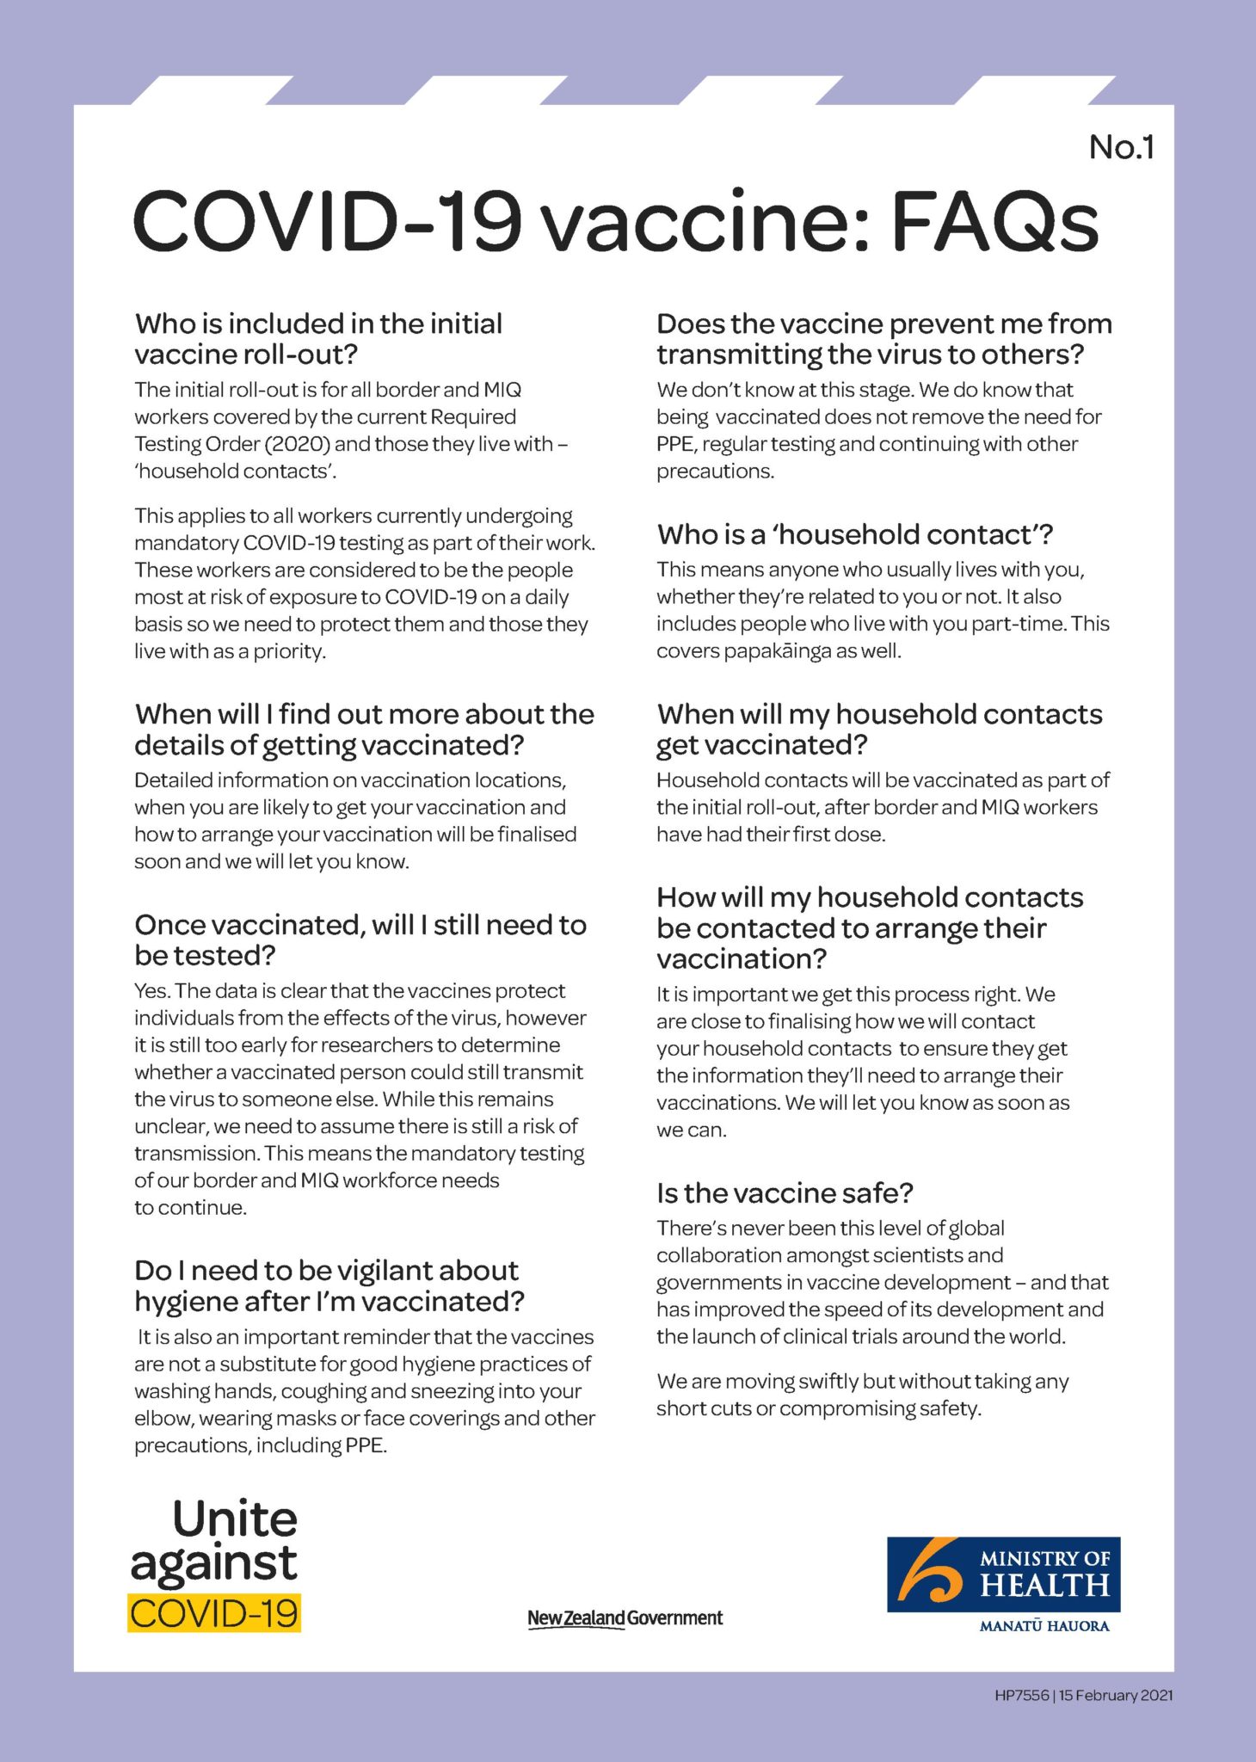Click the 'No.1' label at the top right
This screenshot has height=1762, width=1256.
1121,147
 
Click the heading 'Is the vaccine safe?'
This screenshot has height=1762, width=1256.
784,1192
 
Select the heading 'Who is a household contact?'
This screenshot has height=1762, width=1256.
854,534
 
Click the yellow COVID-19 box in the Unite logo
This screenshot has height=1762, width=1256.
214,1612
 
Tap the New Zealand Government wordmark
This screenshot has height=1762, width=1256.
625,1617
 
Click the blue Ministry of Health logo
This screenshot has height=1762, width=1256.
1003,1574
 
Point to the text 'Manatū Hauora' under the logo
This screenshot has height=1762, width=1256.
1044,1626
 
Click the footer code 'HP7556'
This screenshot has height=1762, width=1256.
1021,1695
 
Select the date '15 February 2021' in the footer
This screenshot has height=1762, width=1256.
1116,1695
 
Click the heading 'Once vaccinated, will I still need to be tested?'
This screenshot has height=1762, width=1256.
360,940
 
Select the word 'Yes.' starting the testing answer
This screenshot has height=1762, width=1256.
151,990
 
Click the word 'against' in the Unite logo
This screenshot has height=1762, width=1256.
214,1564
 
